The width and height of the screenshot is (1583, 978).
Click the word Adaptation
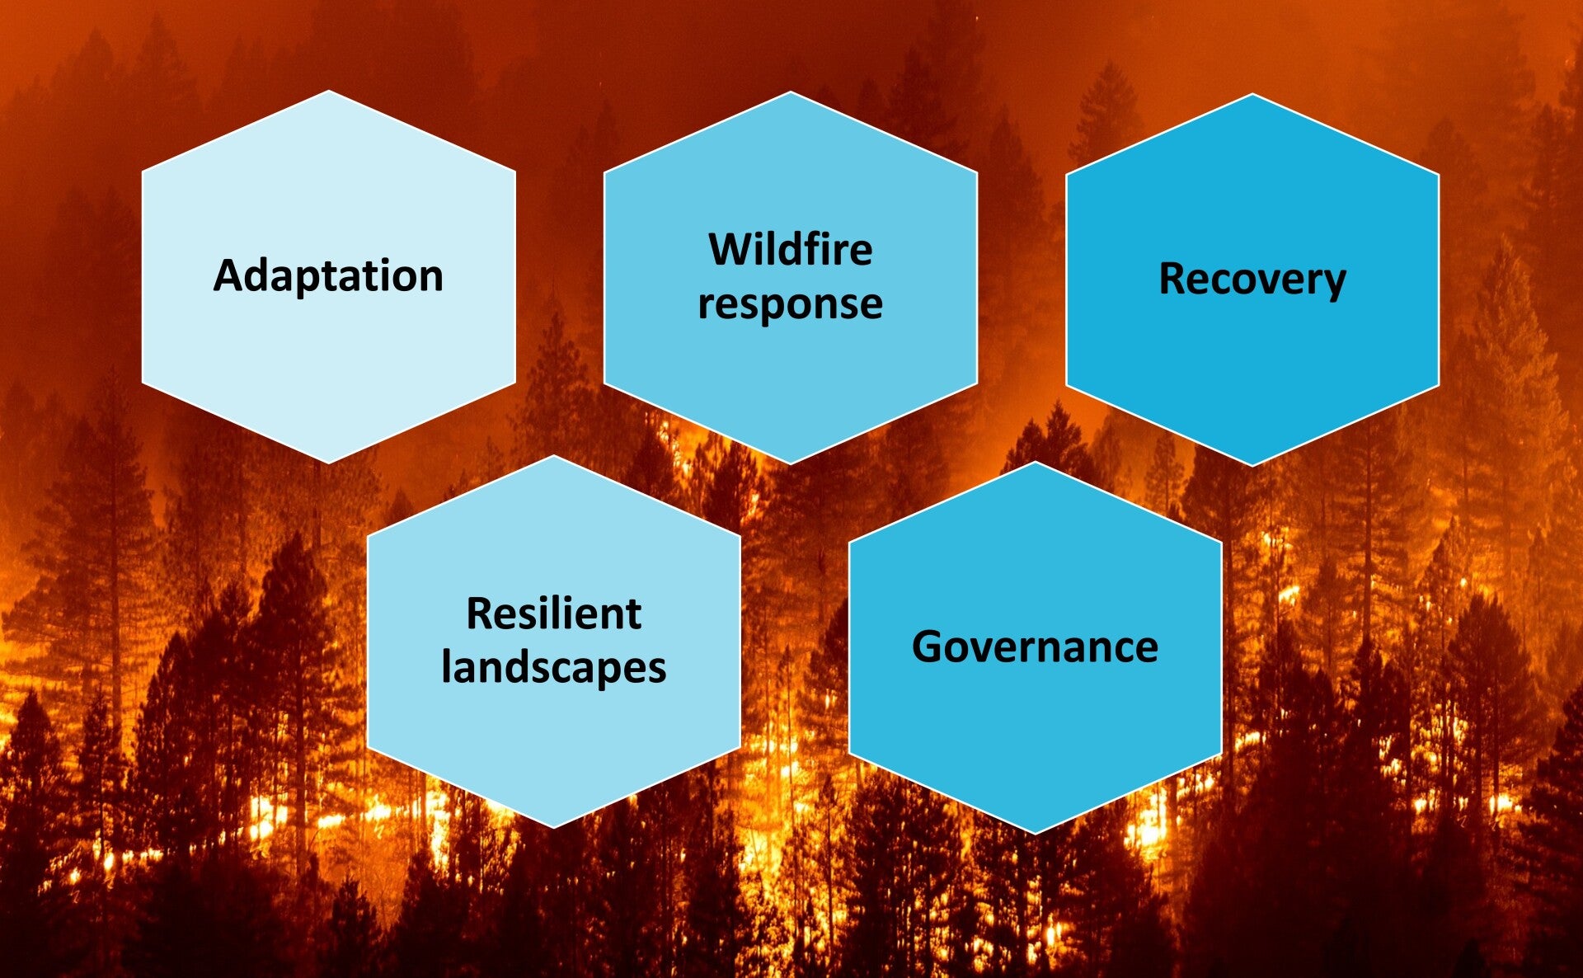click(x=328, y=276)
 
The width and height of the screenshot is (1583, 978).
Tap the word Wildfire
click(x=791, y=249)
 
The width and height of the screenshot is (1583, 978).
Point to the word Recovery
click(x=1252, y=280)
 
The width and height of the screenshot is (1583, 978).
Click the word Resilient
click(x=554, y=614)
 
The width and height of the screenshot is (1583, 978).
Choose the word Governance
click(x=1035, y=647)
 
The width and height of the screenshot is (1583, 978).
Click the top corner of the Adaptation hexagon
click(x=329, y=91)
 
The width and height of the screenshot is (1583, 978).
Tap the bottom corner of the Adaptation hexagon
click(x=329, y=463)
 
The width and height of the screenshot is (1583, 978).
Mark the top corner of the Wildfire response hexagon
click(x=791, y=92)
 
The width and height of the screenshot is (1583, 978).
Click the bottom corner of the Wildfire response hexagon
click(x=791, y=463)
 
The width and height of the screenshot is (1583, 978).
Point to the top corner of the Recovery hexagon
click(x=1252, y=94)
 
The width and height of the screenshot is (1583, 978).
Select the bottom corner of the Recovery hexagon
click(x=1252, y=467)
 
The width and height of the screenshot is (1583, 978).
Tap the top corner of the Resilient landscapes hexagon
click(x=554, y=455)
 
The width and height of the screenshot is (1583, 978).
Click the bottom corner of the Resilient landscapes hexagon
click(x=554, y=828)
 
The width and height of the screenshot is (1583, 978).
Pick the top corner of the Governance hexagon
click(x=1035, y=462)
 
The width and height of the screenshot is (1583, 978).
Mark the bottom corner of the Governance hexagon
click(x=1035, y=835)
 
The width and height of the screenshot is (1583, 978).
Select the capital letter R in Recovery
click(x=1172, y=278)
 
